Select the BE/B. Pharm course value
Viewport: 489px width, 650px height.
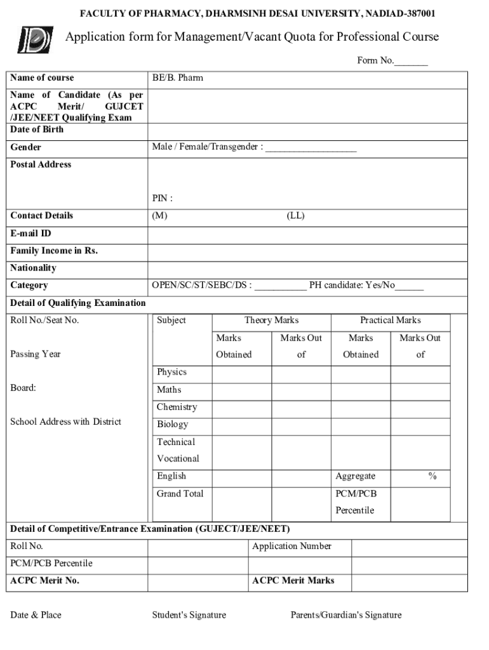pyautogui.click(x=177, y=78)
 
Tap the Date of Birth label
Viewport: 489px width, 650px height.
pyautogui.click(x=37, y=129)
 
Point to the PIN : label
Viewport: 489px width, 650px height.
pyautogui.click(x=163, y=199)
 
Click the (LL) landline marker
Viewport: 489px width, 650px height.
pyautogui.click(x=295, y=216)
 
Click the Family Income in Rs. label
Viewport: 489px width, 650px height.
pyautogui.click(x=54, y=251)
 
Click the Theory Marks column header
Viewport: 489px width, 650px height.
pyautogui.click(x=271, y=321)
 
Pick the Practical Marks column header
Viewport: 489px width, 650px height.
pyautogui.click(x=390, y=321)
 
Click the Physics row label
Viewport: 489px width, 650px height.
pyautogui.click(x=171, y=372)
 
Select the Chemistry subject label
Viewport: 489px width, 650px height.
pyautogui.click(x=177, y=407)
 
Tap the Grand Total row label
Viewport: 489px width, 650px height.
pyautogui.click(x=180, y=493)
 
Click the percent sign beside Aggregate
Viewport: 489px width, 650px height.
pyautogui.click(x=432, y=476)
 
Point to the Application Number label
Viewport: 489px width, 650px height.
pyautogui.click(x=291, y=546)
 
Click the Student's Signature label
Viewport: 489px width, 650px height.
pyautogui.click(x=189, y=615)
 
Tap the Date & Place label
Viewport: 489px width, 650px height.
pyautogui.click(x=36, y=615)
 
